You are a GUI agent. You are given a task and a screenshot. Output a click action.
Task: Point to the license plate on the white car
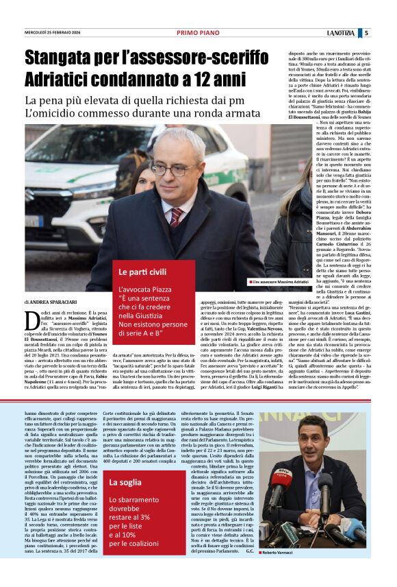tap(32, 221)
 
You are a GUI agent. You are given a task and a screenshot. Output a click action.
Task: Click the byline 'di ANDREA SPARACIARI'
tap(52, 301)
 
